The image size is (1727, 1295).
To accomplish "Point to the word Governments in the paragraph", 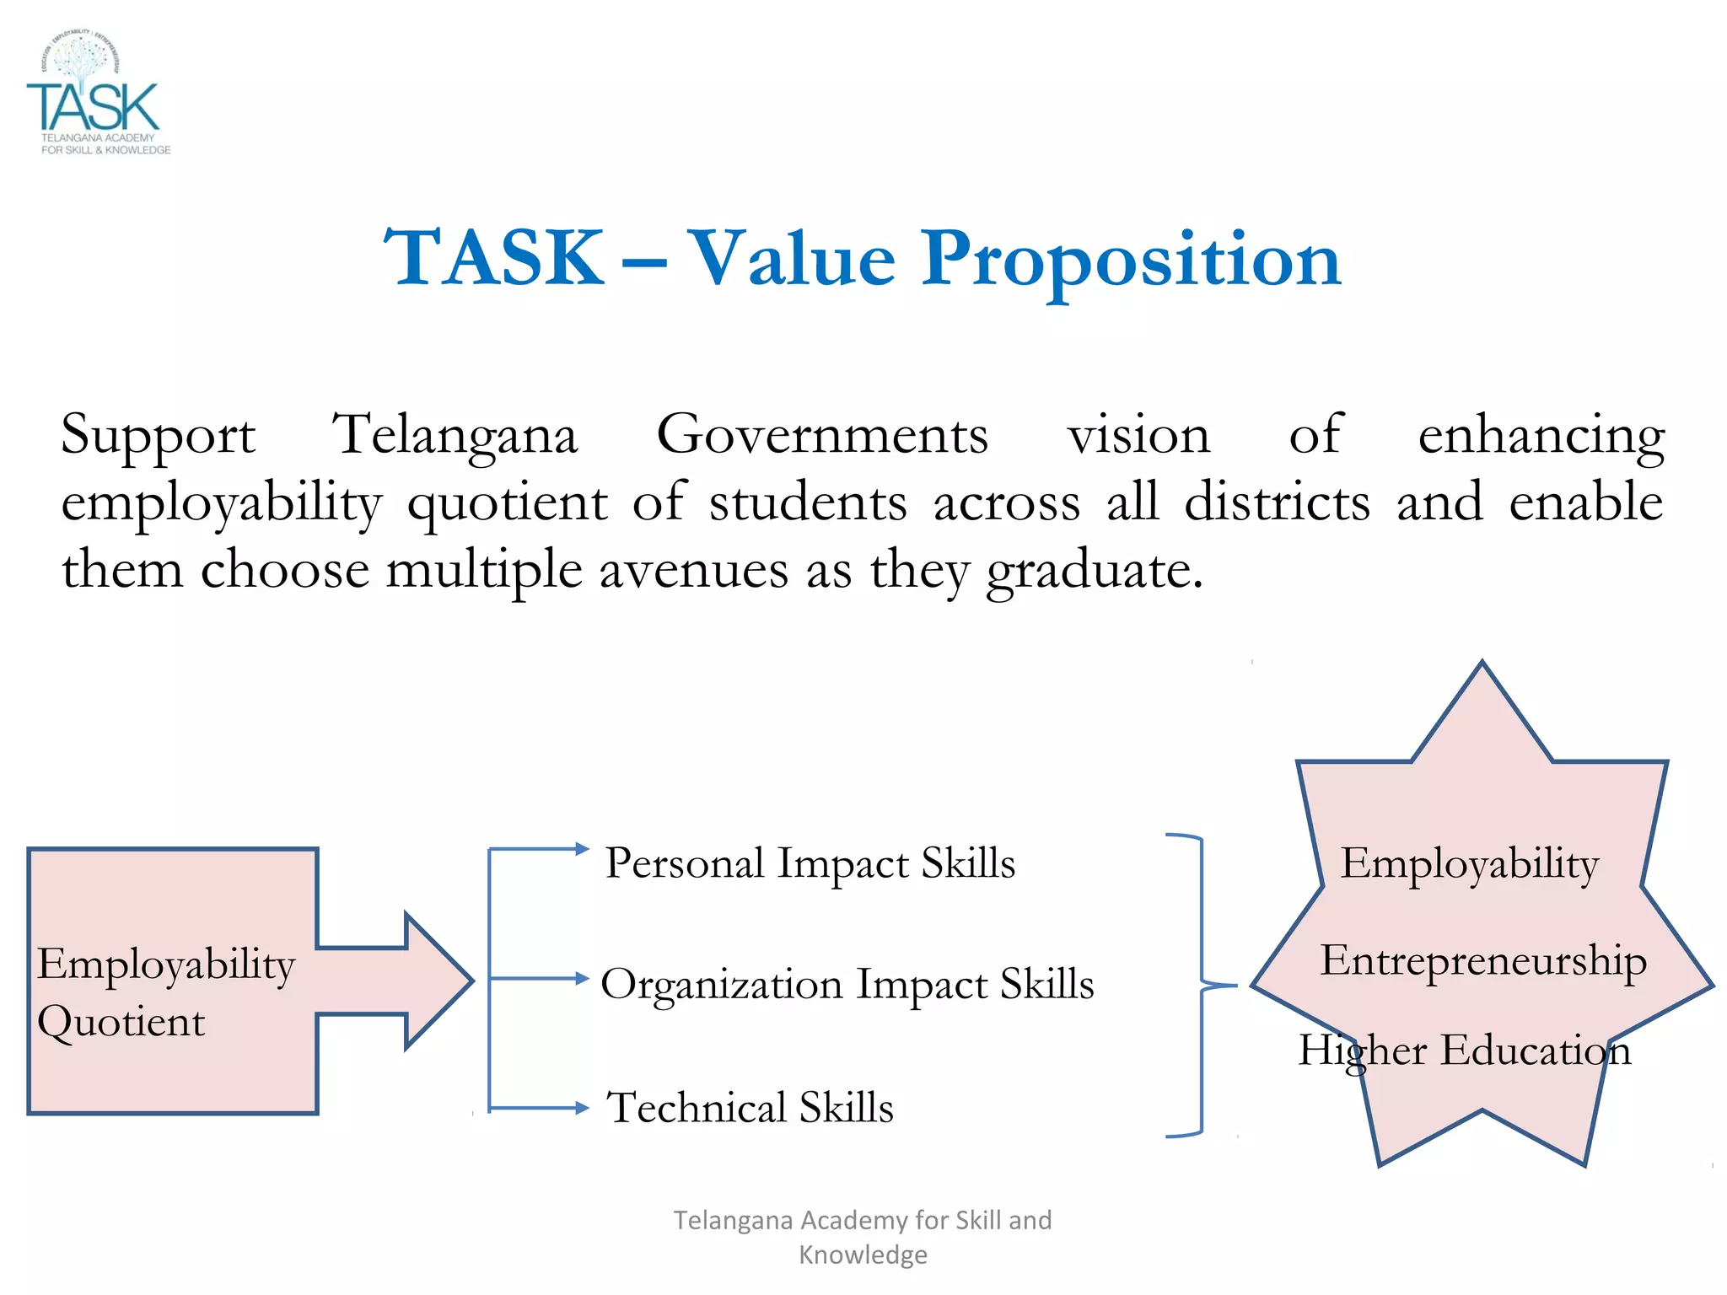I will point(822,435).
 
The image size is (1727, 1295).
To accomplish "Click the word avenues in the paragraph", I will point(694,570).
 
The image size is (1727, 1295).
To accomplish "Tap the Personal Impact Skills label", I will point(810,863).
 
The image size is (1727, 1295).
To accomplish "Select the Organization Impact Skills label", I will point(847,985).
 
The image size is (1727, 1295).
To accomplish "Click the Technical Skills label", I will point(750,1108).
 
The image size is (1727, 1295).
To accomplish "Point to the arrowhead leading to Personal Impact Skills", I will point(582,849).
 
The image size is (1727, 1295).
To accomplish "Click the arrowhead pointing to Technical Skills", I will point(582,1108).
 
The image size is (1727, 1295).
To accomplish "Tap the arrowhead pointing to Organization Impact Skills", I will point(582,979).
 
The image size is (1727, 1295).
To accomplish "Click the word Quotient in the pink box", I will point(121,1023).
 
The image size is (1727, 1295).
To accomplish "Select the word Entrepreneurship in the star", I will point(1482,961).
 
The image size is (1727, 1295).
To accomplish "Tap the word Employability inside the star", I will point(1469,864).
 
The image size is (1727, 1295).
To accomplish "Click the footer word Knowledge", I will point(863,1255).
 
